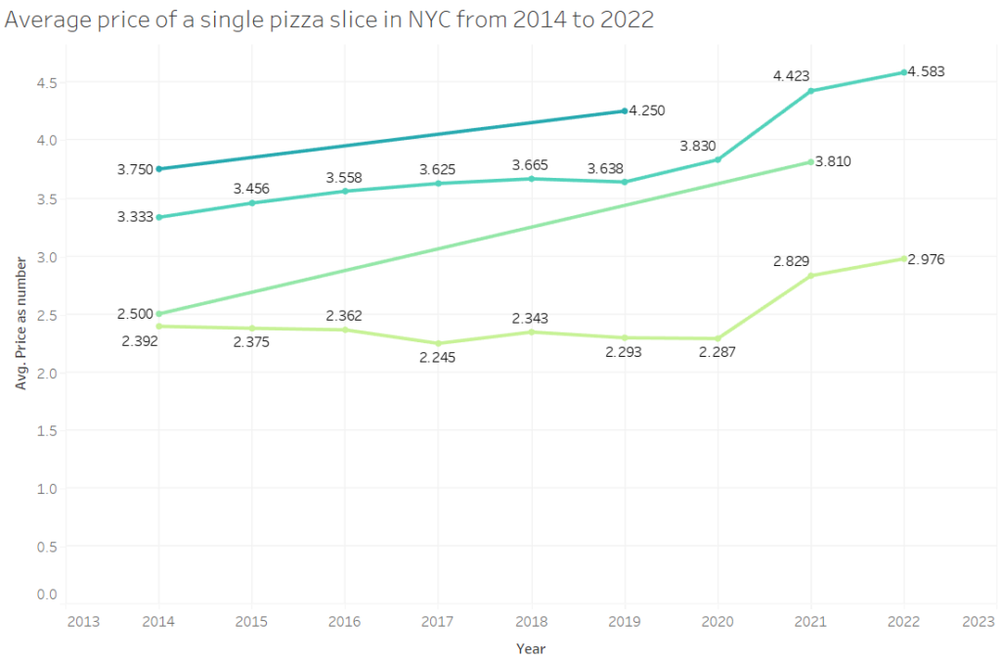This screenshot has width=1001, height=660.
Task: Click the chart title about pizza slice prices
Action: point(329,21)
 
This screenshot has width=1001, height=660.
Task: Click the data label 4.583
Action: point(926,71)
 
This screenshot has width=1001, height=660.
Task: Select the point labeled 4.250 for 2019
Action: point(625,111)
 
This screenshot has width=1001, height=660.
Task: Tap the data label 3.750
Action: point(135,169)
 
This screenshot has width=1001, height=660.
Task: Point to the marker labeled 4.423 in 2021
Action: point(810,91)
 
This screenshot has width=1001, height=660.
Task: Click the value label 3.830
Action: point(699,145)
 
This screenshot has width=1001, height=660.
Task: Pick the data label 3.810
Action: point(833,161)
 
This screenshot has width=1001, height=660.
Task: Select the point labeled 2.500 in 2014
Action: point(159,314)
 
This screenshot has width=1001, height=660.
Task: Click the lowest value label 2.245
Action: point(437,358)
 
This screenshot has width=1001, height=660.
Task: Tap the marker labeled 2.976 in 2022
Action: point(904,258)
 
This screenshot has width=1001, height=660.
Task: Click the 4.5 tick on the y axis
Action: point(48,83)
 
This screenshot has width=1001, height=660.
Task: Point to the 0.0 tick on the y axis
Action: point(48,594)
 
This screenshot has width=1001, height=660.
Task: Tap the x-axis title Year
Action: point(531,648)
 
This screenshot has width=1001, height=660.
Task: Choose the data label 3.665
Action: point(531,166)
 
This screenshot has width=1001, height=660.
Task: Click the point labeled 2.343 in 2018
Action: point(531,332)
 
